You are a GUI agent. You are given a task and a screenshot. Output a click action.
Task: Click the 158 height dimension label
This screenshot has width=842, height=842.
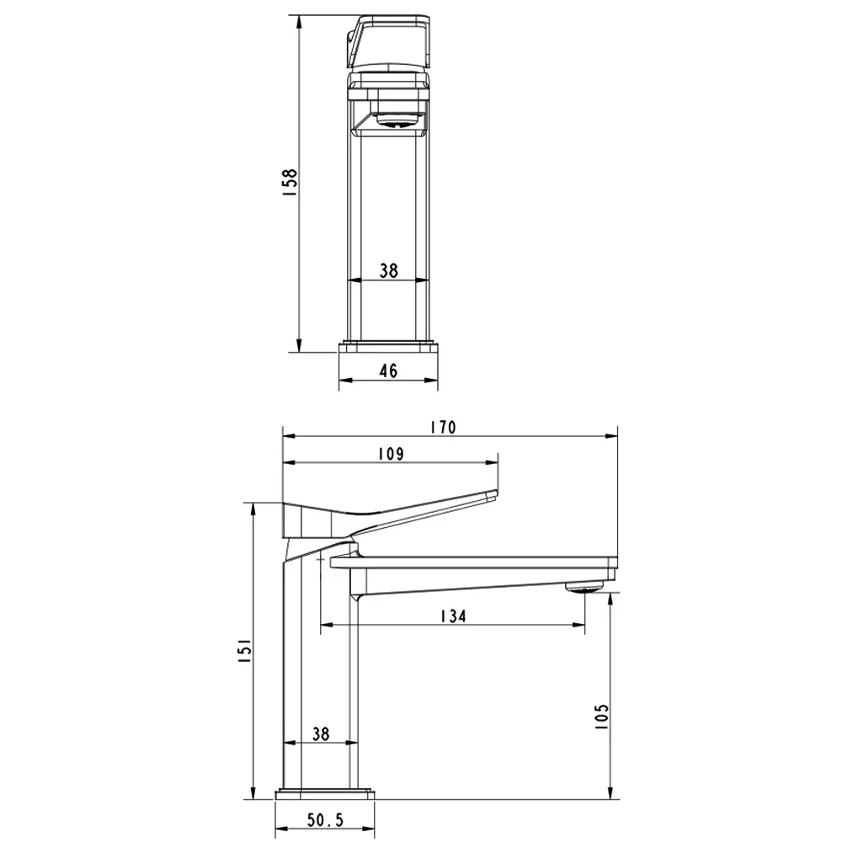pos(290,182)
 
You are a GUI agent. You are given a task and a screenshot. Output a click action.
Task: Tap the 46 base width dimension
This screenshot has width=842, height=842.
pos(388,370)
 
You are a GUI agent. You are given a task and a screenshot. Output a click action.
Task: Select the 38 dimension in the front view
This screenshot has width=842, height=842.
pos(389,270)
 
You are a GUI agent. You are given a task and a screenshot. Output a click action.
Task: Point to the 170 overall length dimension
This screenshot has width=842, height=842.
pos(444,427)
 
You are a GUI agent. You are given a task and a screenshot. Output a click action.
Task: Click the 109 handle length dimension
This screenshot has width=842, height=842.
pos(391,454)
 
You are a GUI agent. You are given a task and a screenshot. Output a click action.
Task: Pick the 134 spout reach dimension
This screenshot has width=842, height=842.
pos(453,616)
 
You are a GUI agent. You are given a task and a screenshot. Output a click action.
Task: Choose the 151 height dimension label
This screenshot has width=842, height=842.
pos(244,650)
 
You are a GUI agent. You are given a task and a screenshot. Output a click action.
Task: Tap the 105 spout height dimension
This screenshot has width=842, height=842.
pos(602,716)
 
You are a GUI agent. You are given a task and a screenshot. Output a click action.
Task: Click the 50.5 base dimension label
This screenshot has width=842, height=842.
pos(325,820)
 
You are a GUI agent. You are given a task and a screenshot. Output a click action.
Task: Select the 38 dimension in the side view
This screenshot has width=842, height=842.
pos(321,733)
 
